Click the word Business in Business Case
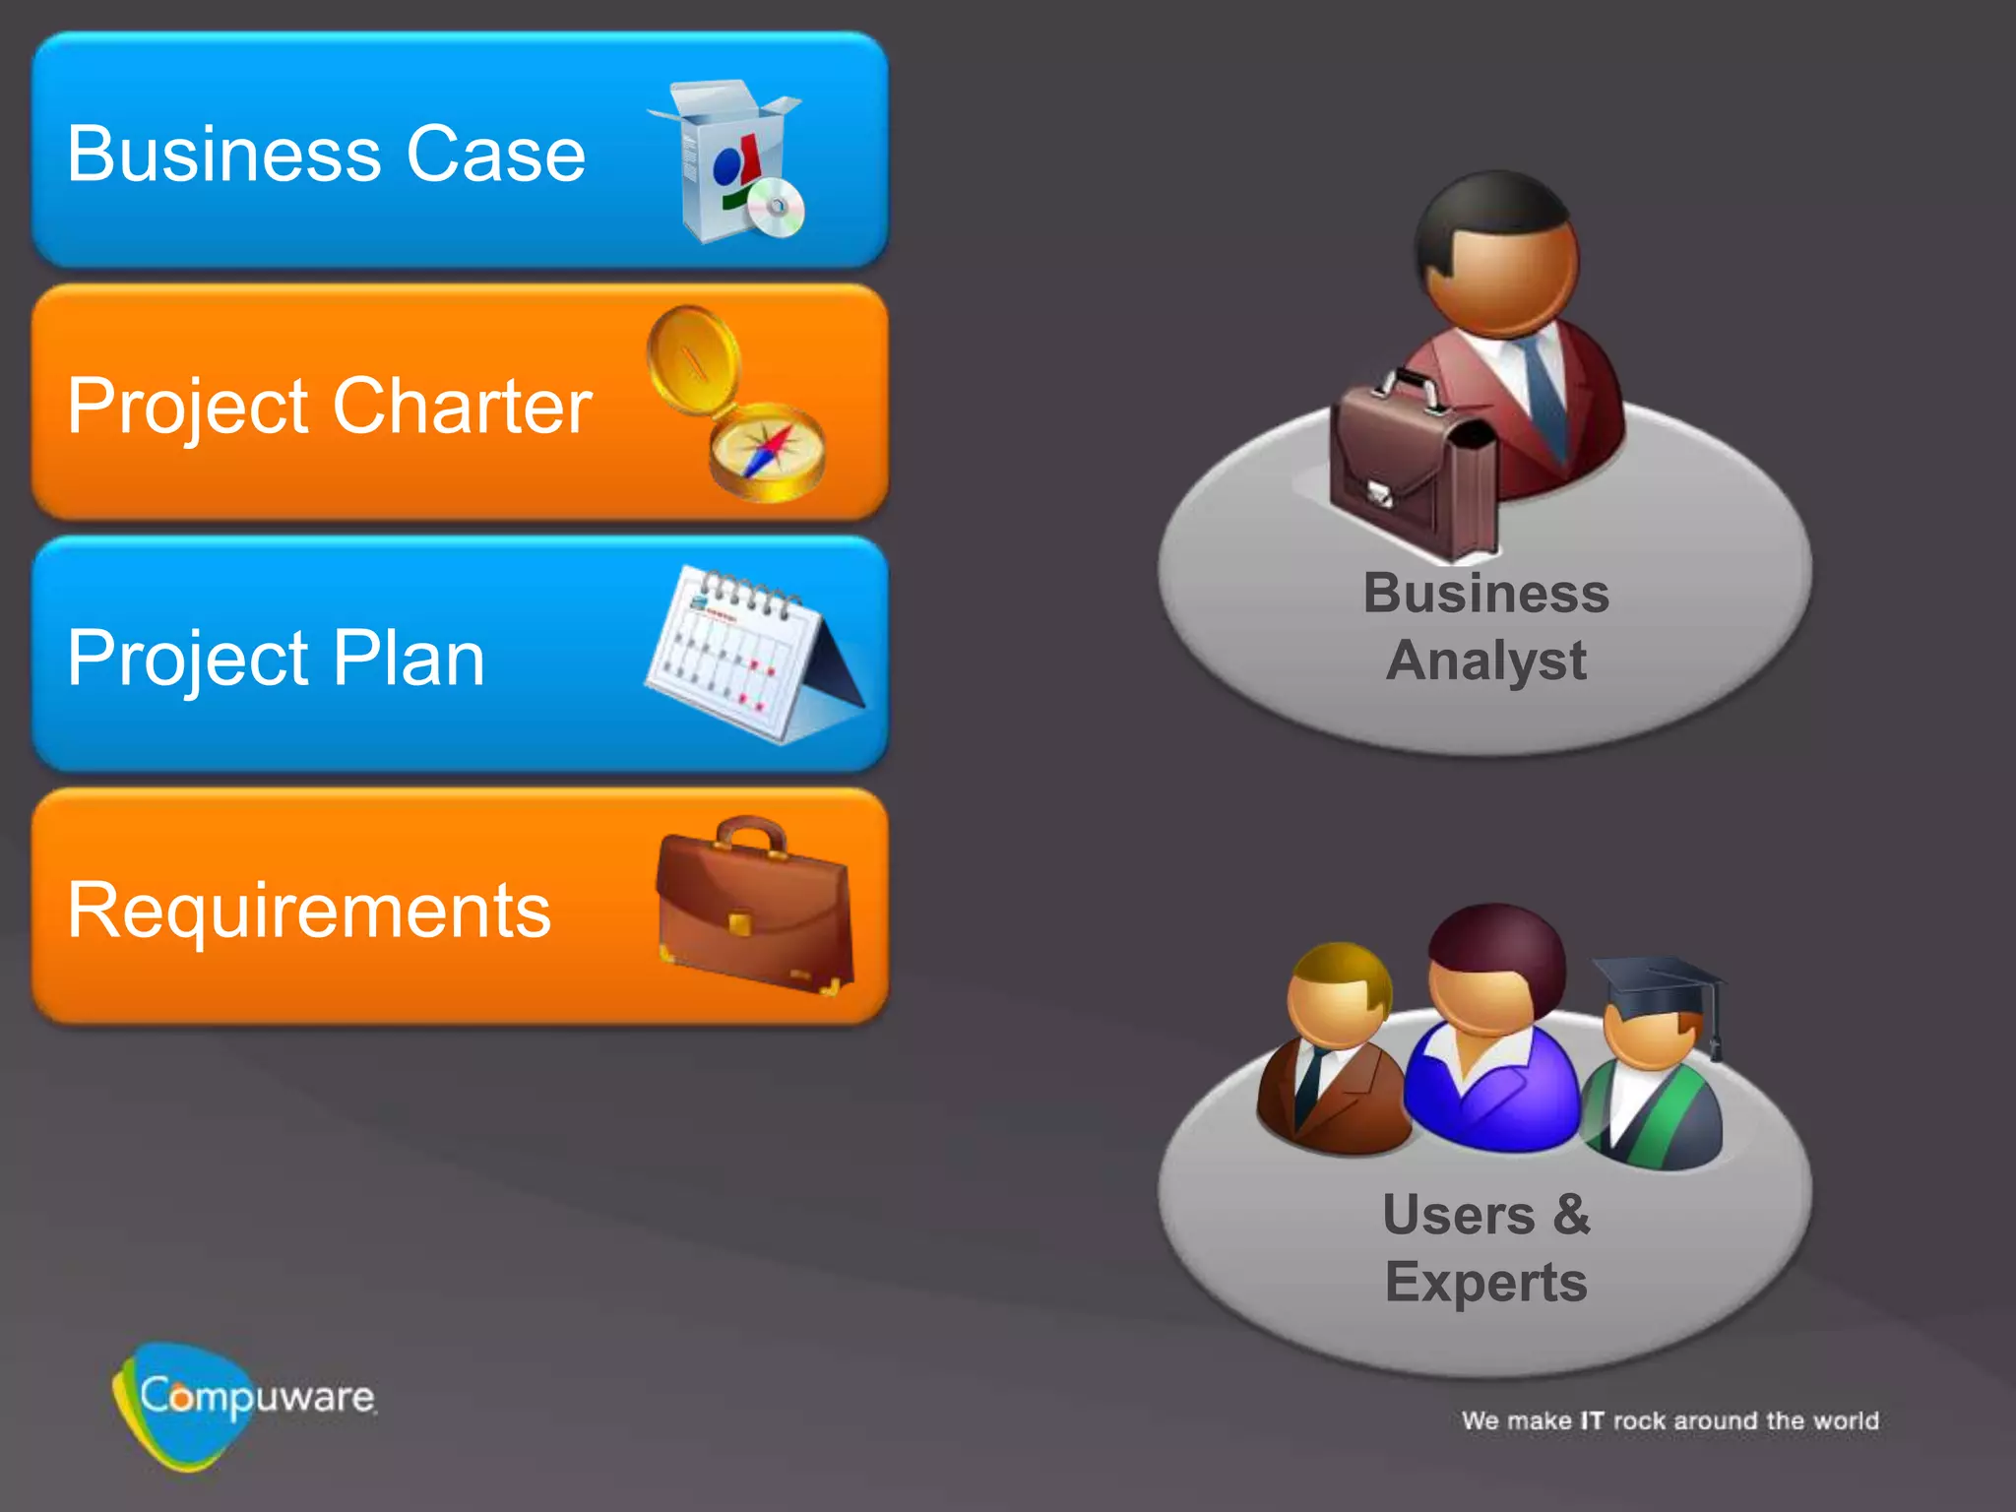pyautogui.click(x=224, y=155)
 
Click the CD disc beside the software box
pyautogui.click(x=777, y=208)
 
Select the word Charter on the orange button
pyautogui.click(x=462, y=406)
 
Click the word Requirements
pyautogui.click(x=309, y=911)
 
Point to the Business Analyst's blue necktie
pyautogui.click(x=1544, y=394)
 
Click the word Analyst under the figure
pyautogui.click(x=1485, y=661)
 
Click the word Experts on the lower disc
pyautogui.click(x=1485, y=1283)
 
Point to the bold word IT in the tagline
pyautogui.click(x=1592, y=1420)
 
